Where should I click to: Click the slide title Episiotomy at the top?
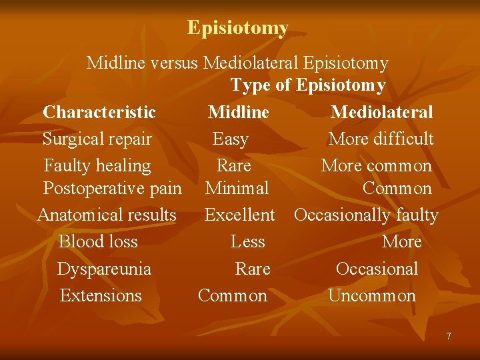238,28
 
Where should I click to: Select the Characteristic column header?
99,112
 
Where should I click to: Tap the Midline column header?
238,112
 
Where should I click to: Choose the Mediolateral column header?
381,112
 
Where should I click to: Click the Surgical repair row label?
97,139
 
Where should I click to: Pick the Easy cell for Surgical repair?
230,139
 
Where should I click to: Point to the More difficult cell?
381,139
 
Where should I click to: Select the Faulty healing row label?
97,165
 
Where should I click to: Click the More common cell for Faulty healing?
376,165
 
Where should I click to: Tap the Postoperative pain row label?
112,189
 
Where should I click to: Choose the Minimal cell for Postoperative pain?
237,189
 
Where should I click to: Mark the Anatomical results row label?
107,215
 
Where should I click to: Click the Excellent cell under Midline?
239,215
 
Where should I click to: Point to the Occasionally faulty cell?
366,215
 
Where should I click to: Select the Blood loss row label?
98,241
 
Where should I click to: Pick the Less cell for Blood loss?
247,241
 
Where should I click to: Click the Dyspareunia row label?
104,269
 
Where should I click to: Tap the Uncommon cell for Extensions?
372,295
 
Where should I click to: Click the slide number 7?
448,336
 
